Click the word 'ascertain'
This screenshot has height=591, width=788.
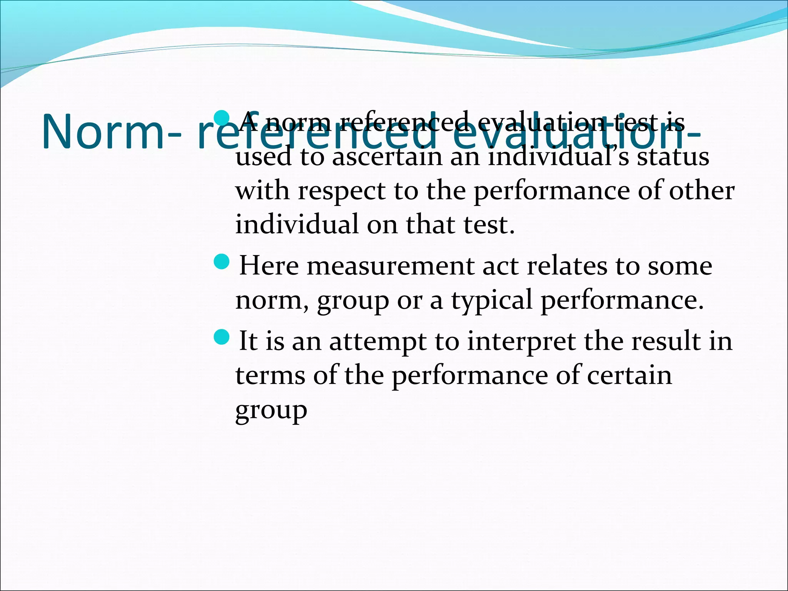point(387,157)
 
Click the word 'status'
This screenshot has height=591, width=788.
point(673,157)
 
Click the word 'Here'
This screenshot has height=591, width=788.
point(269,266)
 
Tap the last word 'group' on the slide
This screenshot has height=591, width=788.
point(271,411)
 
